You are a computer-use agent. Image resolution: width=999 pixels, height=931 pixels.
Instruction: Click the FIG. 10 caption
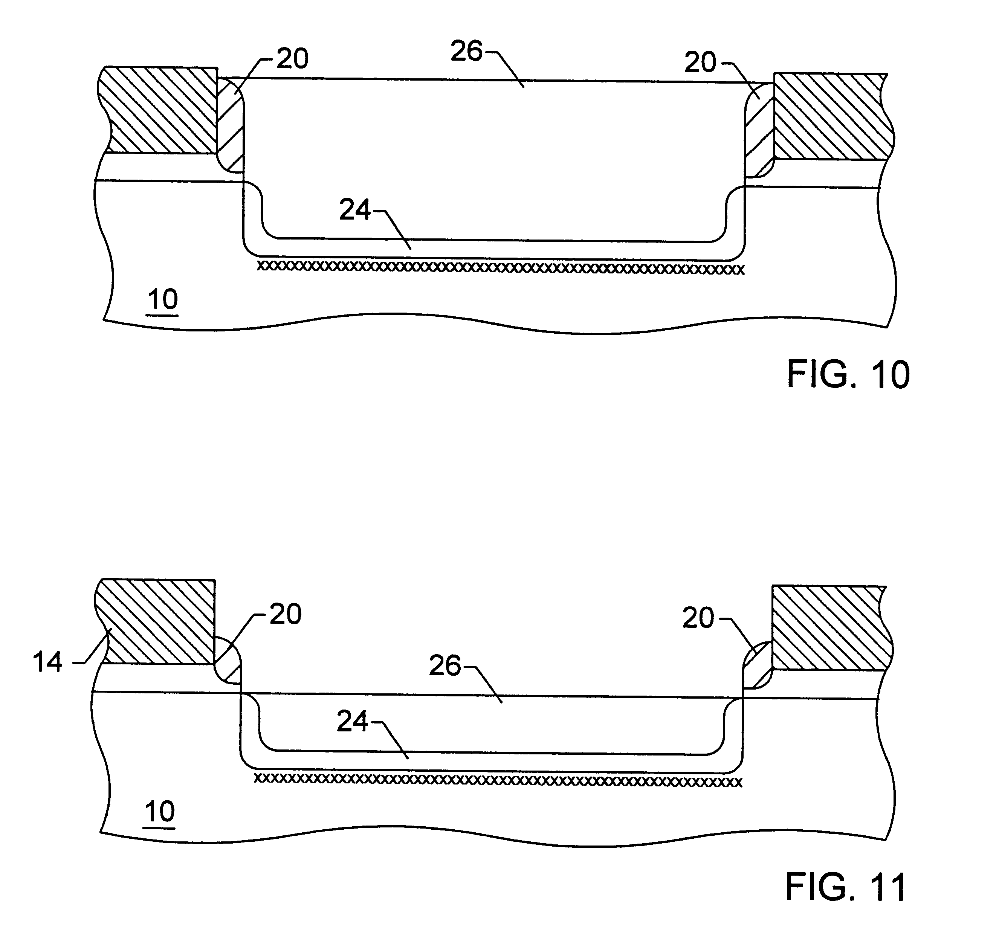(x=848, y=374)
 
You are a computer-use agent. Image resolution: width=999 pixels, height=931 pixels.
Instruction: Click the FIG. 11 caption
(x=846, y=887)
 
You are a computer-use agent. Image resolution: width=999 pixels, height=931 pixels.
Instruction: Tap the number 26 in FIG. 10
(x=466, y=51)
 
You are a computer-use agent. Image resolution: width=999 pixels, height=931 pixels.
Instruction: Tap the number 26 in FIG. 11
(x=445, y=666)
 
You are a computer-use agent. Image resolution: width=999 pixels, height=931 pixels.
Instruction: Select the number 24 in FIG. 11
(x=352, y=722)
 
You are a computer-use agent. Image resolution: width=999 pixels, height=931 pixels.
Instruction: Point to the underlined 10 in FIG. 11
(x=160, y=812)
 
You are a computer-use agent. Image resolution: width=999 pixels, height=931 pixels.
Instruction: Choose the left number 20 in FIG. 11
(x=286, y=614)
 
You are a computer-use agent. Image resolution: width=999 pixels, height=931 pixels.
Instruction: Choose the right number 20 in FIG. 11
(x=698, y=618)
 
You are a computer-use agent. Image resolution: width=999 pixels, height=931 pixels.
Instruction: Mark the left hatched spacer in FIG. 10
(x=230, y=126)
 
